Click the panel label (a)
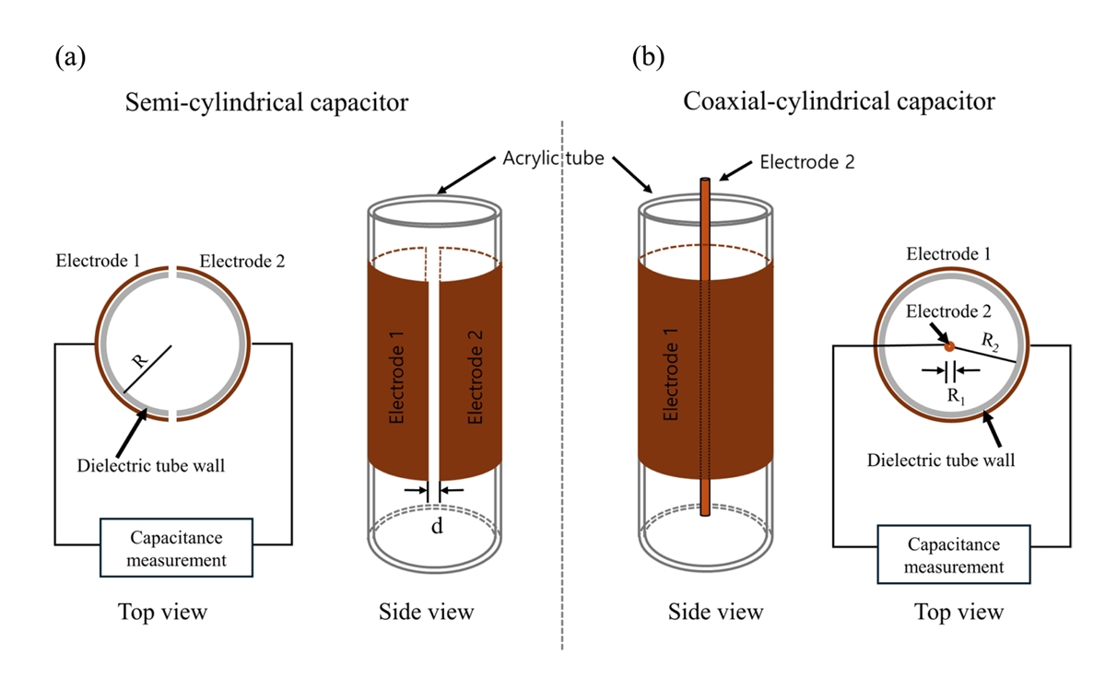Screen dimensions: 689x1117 pyautogui.click(x=71, y=57)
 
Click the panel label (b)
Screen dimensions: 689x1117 pyautogui.click(x=648, y=57)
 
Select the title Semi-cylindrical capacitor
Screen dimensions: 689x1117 pyautogui.click(x=266, y=102)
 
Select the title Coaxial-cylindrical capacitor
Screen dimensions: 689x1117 pyautogui.click(x=839, y=101)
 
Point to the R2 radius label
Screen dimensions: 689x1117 pyautogui.click(x=989, y=342)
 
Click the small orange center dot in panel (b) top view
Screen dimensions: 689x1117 pyautogui.click(x=949, y=345)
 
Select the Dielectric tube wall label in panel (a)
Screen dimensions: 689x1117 pyautogui.click(x=150, y=466)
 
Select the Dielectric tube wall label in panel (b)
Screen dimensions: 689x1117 pyautogui.click(x=941, y=459)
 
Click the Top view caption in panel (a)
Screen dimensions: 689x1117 pyautogui.click(x=162, y=612)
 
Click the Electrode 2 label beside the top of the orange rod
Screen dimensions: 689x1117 pyautogui.click(x=807, y=162)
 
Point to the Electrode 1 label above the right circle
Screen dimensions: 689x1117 pyautogui.click(x=948, y=254)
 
